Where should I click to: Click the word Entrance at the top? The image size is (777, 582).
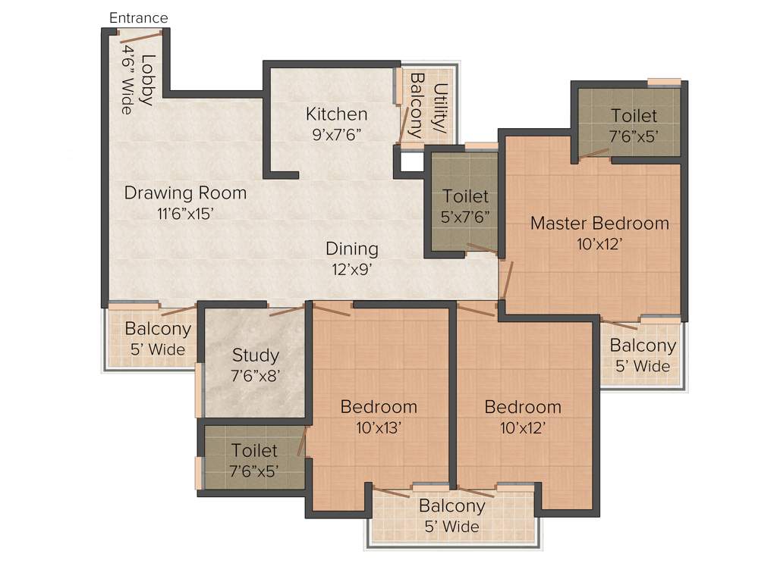(139, 17)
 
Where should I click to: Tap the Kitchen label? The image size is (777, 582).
(336, 114)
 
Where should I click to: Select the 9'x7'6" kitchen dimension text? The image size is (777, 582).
(336, 134)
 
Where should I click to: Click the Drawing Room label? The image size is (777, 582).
(185, 192)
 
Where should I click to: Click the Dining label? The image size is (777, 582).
(351, 249)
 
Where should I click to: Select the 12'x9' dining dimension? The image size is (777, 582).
(351, 268)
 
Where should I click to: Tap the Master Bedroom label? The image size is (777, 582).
(599, 224)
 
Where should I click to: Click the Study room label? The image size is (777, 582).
(256, 355)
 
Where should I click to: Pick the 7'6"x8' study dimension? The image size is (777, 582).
(256, 374)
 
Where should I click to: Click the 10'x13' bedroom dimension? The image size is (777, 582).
(379, 427)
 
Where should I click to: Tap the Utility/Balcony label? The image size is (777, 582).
(428, 104)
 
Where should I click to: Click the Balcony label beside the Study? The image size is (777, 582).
(158, 330)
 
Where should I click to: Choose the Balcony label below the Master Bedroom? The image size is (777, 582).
(643, 346)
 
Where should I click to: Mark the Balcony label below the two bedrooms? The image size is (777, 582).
(451, 506)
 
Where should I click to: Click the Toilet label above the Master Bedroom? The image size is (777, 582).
(634, 116)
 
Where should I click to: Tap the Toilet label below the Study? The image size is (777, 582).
(254, 451)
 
